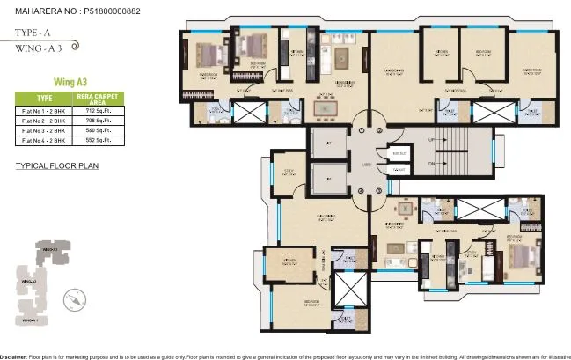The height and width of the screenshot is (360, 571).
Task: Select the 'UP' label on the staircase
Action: pos(430,140)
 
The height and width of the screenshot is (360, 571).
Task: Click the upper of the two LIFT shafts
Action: pos(327,143)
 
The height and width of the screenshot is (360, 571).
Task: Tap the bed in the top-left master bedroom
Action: pos(209,54)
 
